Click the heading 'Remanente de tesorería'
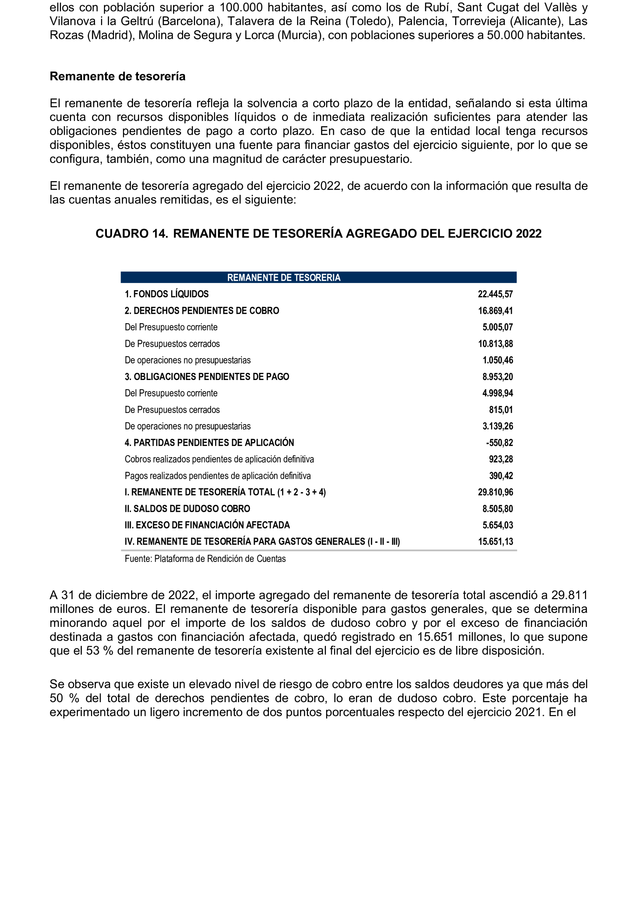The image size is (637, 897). pyautogui.click(x=117, y=76)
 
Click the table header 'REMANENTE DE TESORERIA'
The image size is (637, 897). pyautogui.click(x=283, y=278)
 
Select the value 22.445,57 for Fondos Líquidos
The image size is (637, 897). pyautogui.click(x=495, y=294)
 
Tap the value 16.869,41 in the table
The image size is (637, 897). pyautogui.click(x=495, y=311)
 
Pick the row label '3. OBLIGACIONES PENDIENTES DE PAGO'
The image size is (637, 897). pyautogui.click(x=207, y=376)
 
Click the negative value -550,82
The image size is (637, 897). pyautogui.click(x=499, y=443)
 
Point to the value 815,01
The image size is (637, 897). pyautogui.click(x=500, y=410)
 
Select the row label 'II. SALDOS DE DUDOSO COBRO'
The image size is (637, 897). pyautogui.click(x=187, y=509)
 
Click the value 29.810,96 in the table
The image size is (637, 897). pyautogui.click(x=495, y=492)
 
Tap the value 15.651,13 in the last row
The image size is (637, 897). pyautogui.click(x=495, y=542)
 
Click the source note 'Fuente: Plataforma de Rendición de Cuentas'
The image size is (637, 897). pyautogui.click(x=205, y=559)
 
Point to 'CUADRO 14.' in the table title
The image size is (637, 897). pyautogui.click(x=132, y=234)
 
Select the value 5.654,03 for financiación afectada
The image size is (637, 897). pyautogui.click(x=497, y=525)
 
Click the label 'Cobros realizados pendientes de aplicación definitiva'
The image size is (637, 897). pyautogui.click(x=219, y=459)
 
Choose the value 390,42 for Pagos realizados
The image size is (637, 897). pyautogui.click(x=500, y=476)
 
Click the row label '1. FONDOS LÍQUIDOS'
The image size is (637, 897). pyautogui.click(x=166, y=294)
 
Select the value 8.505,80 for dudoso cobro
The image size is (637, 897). pyautogui.click(x=497, y=509)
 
